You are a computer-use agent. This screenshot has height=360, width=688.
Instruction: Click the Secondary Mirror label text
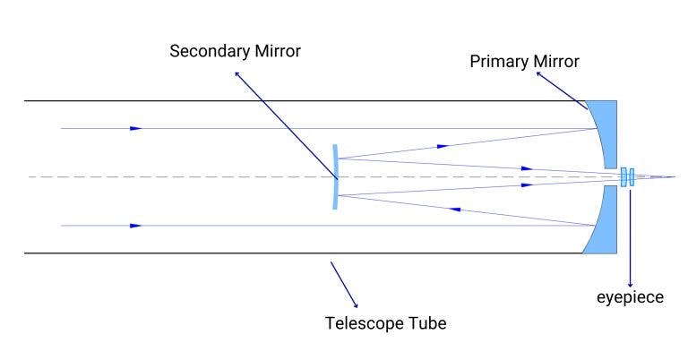(x=235, y=50)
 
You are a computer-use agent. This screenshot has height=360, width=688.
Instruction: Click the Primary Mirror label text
(x=525, y=62)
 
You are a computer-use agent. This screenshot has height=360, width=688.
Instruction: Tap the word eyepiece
(x=632, y=297)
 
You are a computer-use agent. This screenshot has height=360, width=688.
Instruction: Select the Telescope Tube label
(x=385, y=322)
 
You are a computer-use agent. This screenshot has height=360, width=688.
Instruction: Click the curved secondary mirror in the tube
(x=335, y=177)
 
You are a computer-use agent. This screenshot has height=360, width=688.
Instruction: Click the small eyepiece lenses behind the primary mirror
(x=627, y=177)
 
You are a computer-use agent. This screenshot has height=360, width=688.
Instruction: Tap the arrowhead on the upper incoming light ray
(x=135, y=129)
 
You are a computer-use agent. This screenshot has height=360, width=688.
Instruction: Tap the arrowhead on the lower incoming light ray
(x=135, y=226)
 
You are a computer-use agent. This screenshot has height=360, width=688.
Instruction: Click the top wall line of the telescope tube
(x=269, y=101)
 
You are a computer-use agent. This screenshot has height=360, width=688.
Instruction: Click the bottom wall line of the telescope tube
(x=269, y=253)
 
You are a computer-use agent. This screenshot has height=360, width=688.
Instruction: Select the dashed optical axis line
(x=179, y=176)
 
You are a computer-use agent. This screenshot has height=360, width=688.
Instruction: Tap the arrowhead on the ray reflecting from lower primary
(x=454, y=210)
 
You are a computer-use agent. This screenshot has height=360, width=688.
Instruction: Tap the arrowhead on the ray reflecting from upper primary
(x=442, y=144)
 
